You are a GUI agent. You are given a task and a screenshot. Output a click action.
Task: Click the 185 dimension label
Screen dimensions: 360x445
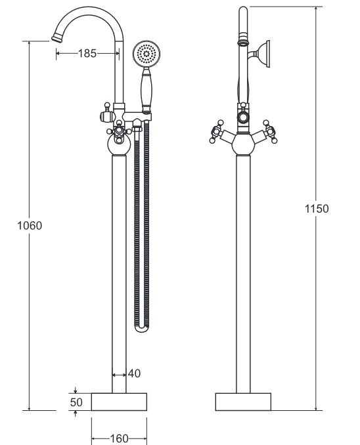coord(87,53)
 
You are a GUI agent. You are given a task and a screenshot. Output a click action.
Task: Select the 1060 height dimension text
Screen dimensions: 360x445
coord(30,226)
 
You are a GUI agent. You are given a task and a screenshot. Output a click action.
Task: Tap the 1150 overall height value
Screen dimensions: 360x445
coord(317,209)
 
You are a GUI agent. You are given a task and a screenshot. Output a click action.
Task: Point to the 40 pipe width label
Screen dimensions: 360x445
coord(134,373)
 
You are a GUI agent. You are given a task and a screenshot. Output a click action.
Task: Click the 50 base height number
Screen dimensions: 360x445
coord(76,402)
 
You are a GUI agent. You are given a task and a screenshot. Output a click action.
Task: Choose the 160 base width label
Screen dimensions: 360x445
coord(119,438)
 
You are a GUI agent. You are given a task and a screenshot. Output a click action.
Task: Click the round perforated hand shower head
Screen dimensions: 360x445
coord(146,54)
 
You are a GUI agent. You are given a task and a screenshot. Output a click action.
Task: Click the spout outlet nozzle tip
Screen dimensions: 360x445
coord(57,39)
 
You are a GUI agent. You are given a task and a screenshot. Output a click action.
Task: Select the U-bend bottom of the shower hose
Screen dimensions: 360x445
coord(142,328)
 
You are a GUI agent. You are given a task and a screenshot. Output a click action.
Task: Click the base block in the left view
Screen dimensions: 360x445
coord(119,402)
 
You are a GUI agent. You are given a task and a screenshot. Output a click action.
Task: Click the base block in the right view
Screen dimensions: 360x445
coord(243,402)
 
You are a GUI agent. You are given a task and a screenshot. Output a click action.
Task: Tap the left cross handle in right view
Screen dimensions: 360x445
coord(217,131)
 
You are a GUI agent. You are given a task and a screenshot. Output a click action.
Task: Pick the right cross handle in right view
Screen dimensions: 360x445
coord(270,131)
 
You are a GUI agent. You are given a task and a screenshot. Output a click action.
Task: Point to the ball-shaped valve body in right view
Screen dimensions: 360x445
coord(243,144)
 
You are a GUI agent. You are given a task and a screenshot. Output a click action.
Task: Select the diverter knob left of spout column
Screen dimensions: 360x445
coord(107,114)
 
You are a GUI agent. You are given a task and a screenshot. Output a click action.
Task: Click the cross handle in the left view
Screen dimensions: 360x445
coord(119,131)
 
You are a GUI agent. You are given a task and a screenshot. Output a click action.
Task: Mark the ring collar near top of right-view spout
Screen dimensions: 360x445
coord(243,43)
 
